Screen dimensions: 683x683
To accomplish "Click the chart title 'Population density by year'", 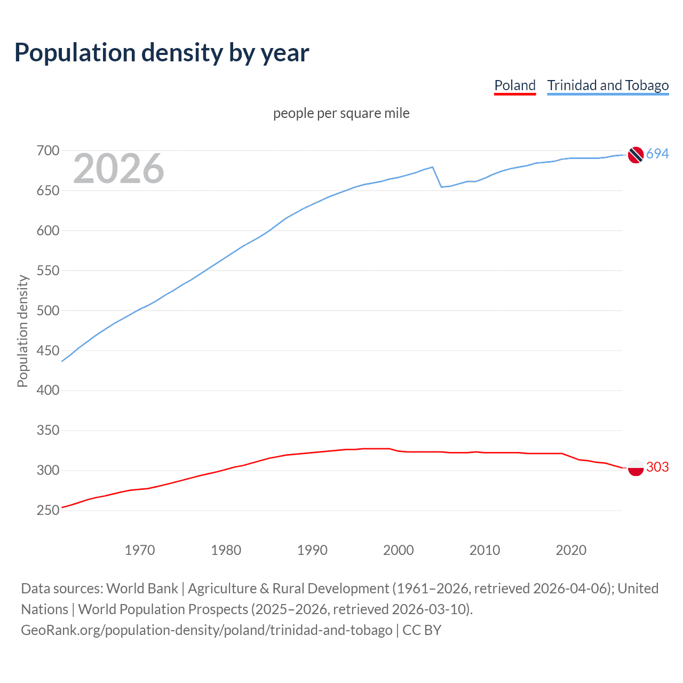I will coord(162,53).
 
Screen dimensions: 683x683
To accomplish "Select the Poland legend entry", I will coord(514,85).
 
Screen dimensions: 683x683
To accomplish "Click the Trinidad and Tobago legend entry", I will coord(608,85).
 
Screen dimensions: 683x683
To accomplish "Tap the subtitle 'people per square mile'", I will coord(341,113).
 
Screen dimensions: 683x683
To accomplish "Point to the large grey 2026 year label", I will coord(118,169).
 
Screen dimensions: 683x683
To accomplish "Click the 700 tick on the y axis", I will coord(47,151).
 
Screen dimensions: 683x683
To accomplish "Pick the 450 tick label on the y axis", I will coord(47,351).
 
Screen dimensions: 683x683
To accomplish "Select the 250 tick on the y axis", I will coord(47,510).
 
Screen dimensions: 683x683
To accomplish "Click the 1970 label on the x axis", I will coord(139,550).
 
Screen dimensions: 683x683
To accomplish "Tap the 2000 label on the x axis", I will coord(398,550).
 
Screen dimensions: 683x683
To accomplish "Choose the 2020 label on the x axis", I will coord(571,550).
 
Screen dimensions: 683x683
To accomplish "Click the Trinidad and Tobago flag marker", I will coord(635,154).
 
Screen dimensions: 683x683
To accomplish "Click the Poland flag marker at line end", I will coord(635,467).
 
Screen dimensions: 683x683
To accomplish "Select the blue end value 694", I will coord(657,154).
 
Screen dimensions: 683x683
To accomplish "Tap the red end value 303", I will coord(657,467).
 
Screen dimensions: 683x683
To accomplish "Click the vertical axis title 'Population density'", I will coord(22,331).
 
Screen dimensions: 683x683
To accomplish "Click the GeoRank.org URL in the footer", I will coord(207,630).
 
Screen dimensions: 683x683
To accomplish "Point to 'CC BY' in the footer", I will coord(422,630).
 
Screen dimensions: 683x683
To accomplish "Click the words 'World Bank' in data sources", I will coord(142,589).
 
